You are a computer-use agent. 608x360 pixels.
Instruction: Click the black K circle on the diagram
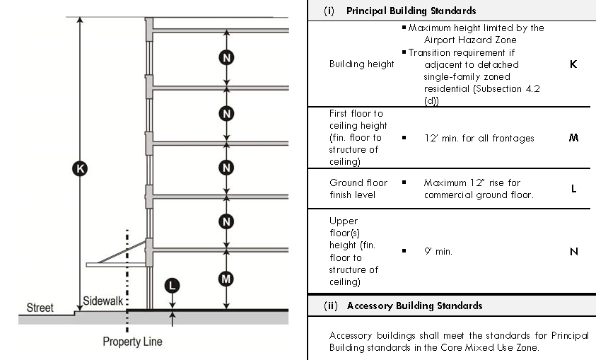pyautogui.click(x=80, y=168)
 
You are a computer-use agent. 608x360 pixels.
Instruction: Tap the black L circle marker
pyautogui.click(x=172, y=286)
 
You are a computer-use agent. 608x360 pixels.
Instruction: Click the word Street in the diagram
pyautogui.click(x=40, y=308)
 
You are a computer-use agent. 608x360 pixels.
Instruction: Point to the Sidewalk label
pyautogui.click(x=103, y=301)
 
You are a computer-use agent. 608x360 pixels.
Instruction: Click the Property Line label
pyautogui.click(x=132, y=342)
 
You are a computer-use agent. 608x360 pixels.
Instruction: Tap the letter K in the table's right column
pyautogui.click(x=573, y=64)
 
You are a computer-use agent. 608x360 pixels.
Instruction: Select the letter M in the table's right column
pyautogui.click(x=573, y=138)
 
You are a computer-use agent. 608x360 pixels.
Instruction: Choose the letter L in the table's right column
pyautogui.click(x=573, y=189)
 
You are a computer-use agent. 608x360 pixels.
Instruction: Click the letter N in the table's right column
pyautogui.click(x=573, y=251)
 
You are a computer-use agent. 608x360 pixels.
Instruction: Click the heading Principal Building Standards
pyautogui.click(x=411, y=11)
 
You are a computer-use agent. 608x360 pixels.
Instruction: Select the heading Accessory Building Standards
pyautogui.click(x=414, y=306)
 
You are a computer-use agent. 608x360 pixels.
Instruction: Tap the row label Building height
pyautogui.click(x=361, y=64)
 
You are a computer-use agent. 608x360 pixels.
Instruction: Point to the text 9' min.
pyautogui.click(x=438, y=251)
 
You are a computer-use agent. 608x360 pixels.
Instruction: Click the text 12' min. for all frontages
pyautogui.click(x=479, y=138)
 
